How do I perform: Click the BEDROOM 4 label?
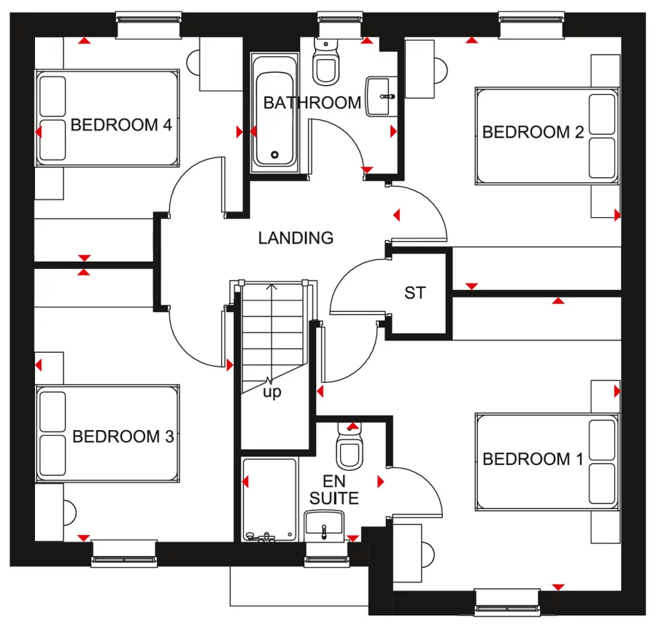click(121, 125)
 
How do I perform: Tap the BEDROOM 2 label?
click(533, 132)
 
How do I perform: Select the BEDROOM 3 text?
click(123, 437)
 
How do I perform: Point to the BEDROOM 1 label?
click(533, 459)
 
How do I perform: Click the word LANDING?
click(296, 238)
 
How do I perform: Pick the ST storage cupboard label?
click(414, 293)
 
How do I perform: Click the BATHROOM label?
click(312, 103)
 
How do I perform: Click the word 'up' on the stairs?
click(272, 392)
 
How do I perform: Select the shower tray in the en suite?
click(269, 499)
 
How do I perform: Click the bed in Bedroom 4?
click(108, 117)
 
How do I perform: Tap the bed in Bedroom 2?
click(546, 135)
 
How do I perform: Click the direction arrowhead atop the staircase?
click(272, 286)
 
